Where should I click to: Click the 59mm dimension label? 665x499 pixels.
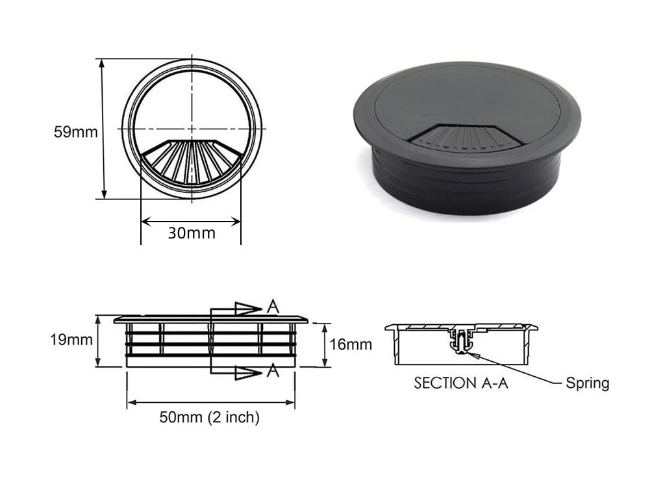click(75, 132)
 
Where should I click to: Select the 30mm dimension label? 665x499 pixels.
click(191, 233)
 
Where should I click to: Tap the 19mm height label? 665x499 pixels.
click(71, 340)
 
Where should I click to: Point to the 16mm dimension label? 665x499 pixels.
click(351, 344)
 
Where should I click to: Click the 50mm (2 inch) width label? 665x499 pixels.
click(209, 418)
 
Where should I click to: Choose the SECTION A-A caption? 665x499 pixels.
click(461, 383)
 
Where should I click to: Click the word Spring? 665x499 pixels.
click(587, 383)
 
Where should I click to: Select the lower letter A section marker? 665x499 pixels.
click(273, 372)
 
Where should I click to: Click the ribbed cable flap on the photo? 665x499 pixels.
click(465, 136)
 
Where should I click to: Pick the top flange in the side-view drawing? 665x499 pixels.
click(211, 320)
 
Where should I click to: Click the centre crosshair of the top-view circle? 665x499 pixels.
click(192, 129)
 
